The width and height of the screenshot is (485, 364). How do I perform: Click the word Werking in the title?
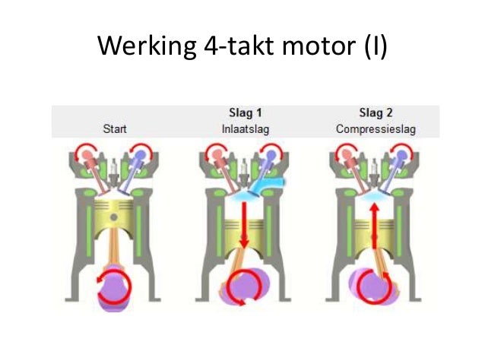147,46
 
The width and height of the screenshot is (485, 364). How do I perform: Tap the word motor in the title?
319,46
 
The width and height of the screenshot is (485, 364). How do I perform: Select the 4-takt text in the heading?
239,46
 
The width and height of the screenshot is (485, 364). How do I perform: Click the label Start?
115,128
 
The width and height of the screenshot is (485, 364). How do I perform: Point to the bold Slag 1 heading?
246,112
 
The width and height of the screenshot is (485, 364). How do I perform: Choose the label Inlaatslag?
246,129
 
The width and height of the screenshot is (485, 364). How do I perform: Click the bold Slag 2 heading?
376,112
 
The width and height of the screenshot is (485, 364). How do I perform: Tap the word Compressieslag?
376,129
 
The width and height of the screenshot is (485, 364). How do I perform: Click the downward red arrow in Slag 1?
244,225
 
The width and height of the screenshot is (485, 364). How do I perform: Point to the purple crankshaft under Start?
114,288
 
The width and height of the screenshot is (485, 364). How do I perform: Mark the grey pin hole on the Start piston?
114,217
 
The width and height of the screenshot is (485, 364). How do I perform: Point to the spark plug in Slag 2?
375,170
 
